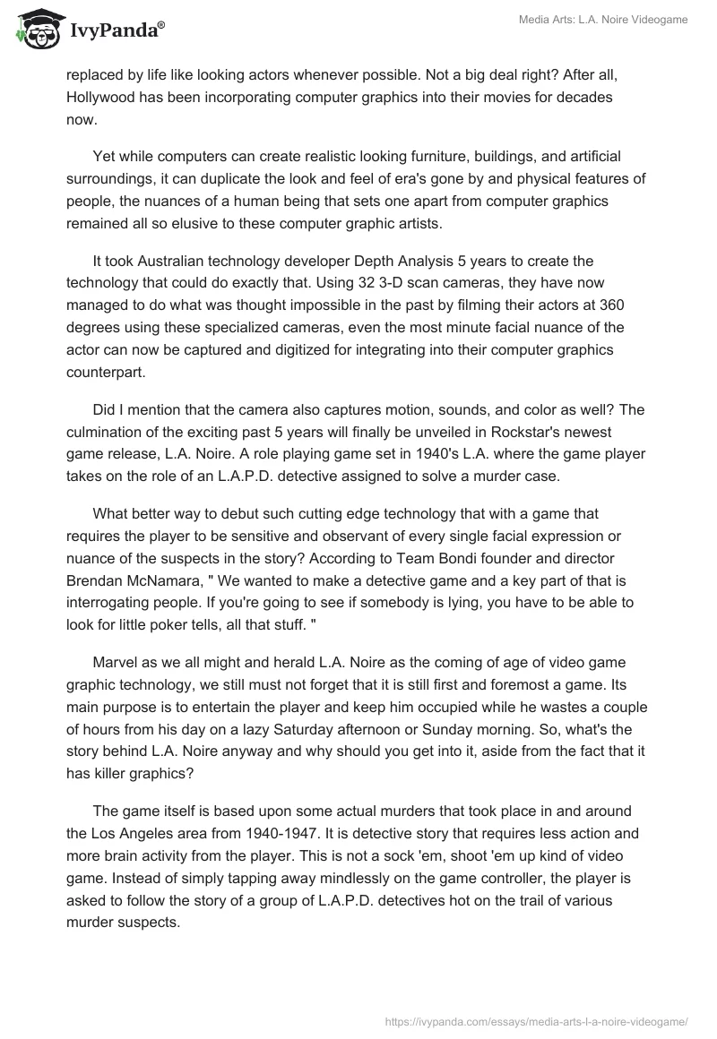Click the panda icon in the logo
coord(35,29)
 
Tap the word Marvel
coord(115,662)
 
